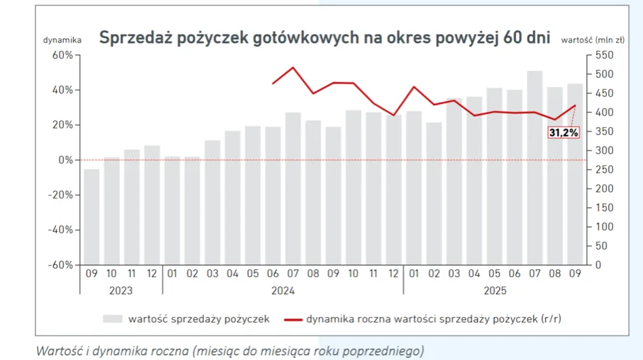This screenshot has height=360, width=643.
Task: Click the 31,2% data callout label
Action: pos(564,133)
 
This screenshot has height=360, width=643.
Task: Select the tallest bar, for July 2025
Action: pos(534,167)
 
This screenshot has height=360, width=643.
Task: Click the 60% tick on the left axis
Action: pos(62,55)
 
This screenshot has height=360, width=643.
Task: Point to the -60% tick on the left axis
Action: pos(60,264)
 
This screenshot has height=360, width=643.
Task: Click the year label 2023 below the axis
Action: pos(121,290)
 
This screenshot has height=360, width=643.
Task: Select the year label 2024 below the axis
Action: pos(282,290)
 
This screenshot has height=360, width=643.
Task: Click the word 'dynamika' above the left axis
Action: pos(62,40)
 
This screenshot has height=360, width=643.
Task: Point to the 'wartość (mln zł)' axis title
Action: pos(593,40)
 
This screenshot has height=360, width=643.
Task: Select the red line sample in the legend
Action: pos(293,319)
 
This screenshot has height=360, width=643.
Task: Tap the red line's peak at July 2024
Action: pos(293,67)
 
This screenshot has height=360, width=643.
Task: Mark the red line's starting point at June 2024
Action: pos(273,84)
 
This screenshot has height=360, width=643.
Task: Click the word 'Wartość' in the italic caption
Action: pos(57,350)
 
